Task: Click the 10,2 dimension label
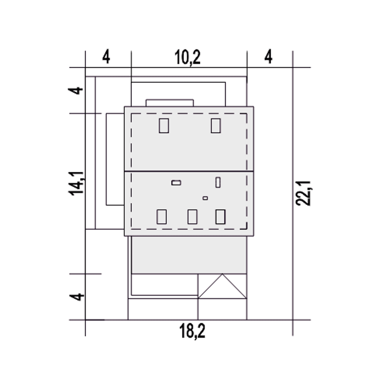click(x=188, y=57)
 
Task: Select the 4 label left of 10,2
click(x=106, y=57)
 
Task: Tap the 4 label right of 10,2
click(x=268, y=57)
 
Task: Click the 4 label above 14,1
click(x=76, y=91)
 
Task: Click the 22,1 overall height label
click(x=304, y=193)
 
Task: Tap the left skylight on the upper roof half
click(x=164, y=126)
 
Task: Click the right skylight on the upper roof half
click(x=216, y=126)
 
